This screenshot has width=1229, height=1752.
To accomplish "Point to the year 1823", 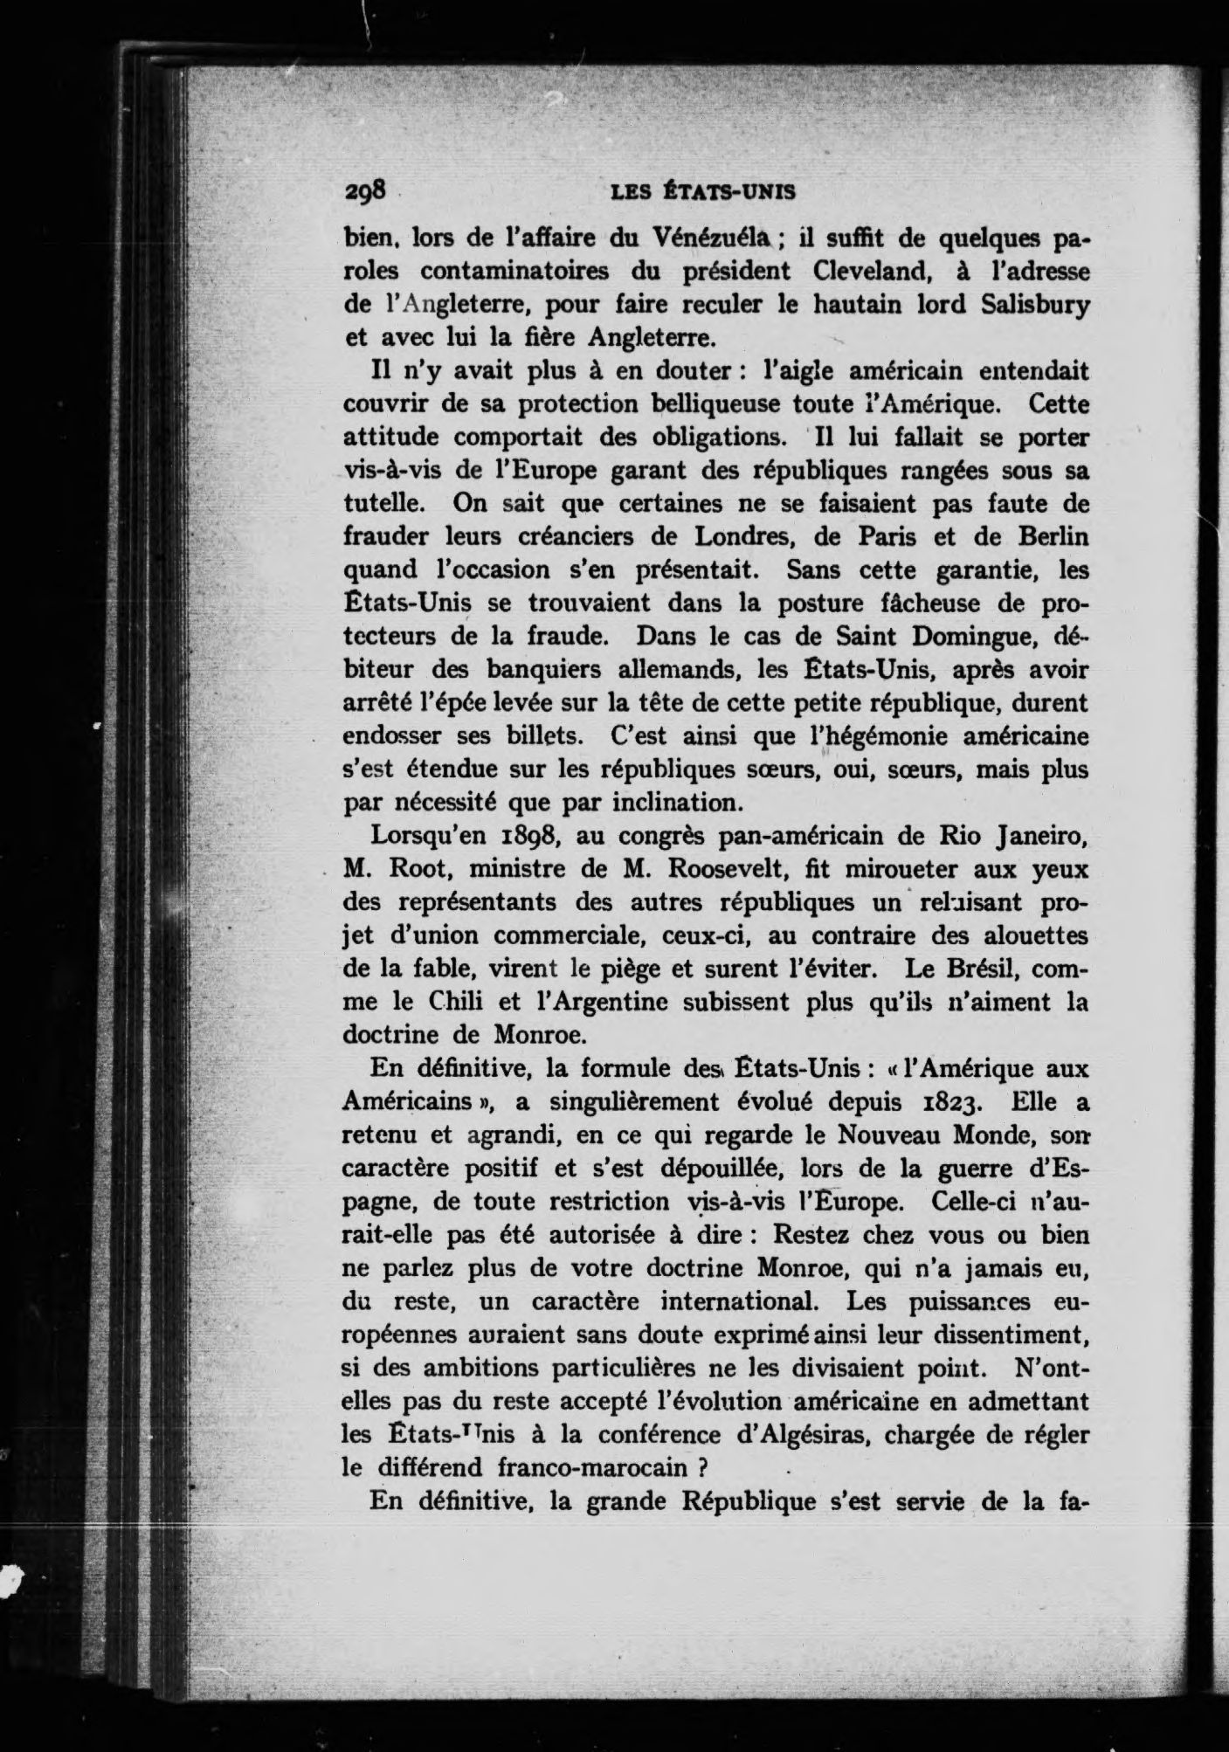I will (942, 1102).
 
